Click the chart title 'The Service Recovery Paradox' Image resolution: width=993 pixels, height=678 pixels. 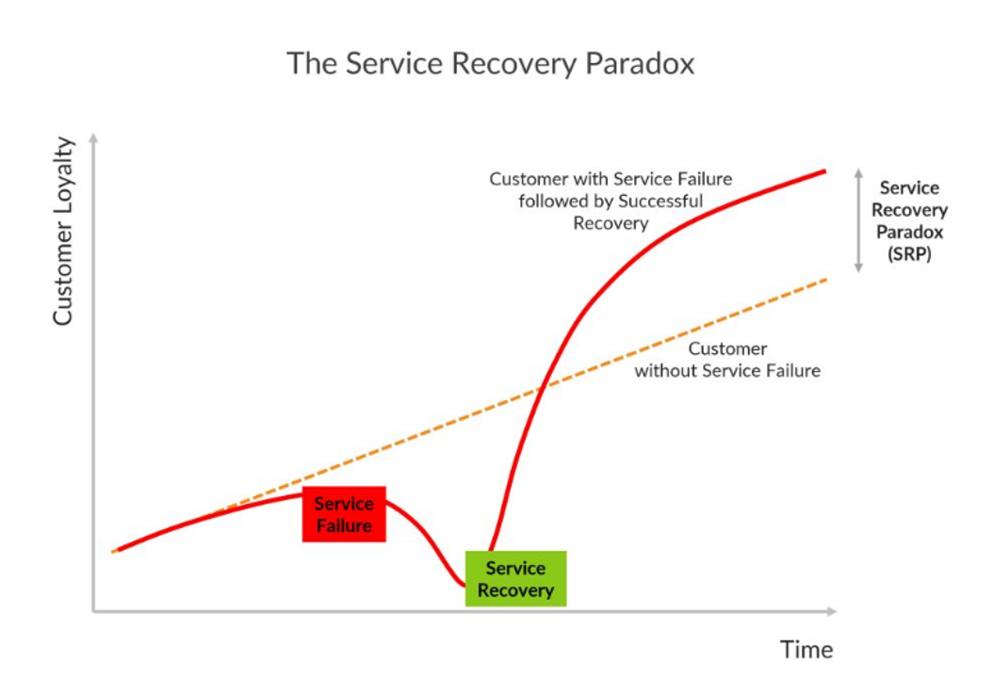(x=490, y=64)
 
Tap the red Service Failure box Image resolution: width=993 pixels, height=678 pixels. (x=344, y=514)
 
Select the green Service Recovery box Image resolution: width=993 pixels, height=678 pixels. (x=515, y=578)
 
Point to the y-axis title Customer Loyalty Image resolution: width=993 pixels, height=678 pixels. (x=63, y=231)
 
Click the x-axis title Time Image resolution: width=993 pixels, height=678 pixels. (x=806, y=650)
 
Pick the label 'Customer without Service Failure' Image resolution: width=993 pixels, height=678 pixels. (x=727, y=360)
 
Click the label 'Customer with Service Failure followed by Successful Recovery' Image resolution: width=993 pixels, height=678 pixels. (x=610, y=202)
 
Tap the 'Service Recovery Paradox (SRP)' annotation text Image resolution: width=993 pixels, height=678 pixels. (x=909, y=221)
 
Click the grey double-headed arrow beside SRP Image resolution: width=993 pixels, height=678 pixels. (x=858, y=220)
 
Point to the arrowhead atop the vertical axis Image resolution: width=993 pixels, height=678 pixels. (x=93, y=137)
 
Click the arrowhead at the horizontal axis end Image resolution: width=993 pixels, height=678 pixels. (x=832, y=611)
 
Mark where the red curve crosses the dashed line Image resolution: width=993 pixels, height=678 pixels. (x=542, y=387)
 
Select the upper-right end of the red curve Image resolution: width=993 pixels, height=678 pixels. (x=824, y=171)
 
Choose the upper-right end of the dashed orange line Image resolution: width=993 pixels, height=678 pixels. (x=826, y=279)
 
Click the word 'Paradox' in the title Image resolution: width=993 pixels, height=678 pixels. (x=640, y=64)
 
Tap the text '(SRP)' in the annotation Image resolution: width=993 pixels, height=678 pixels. (x=909, y=254)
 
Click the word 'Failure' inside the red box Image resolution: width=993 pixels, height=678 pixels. (x=344, y=525)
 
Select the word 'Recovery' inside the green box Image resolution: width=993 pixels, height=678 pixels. (x=515, y=590)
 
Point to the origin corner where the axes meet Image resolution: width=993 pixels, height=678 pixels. (x=93, y=611)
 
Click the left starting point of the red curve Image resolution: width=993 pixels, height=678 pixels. (x=115, y=552)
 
